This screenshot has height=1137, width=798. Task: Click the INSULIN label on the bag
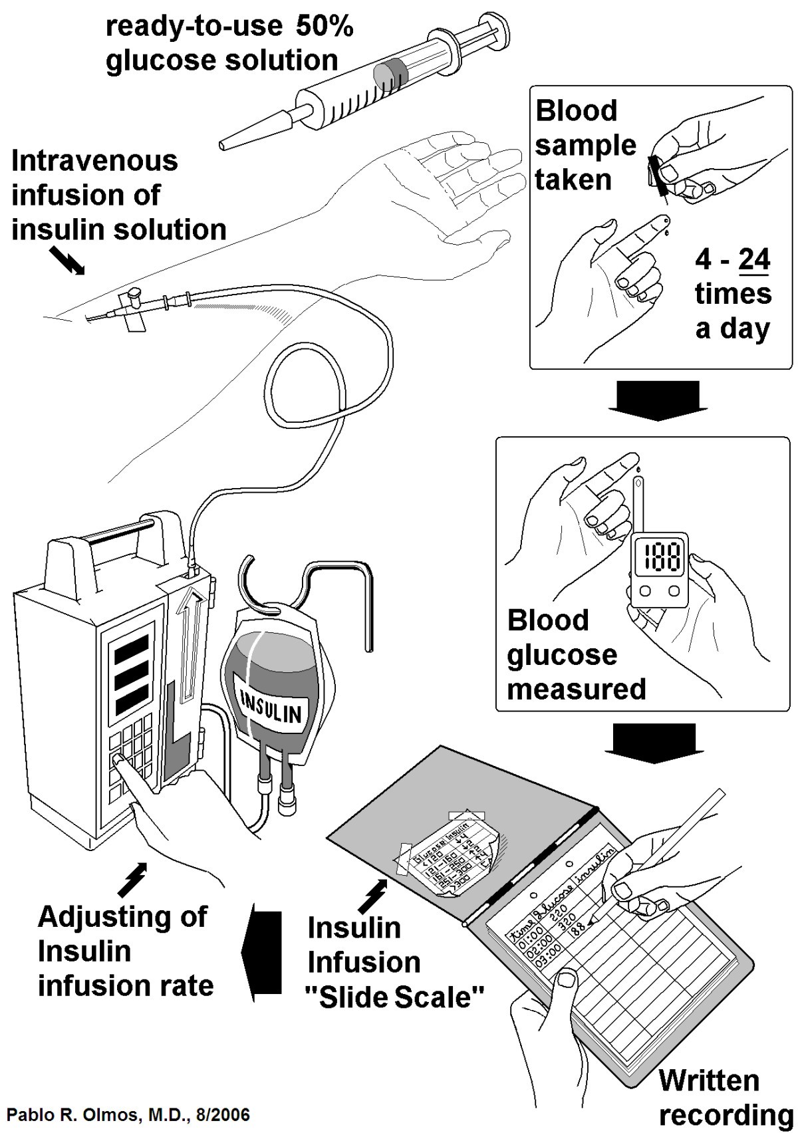pos(271,707)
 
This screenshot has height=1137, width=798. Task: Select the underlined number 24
pos(753,259)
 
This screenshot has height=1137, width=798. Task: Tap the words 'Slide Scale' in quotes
pos(396,997)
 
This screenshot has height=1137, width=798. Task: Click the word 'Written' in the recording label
pos(709,1080)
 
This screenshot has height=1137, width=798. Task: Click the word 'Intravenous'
pos(94,161)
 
